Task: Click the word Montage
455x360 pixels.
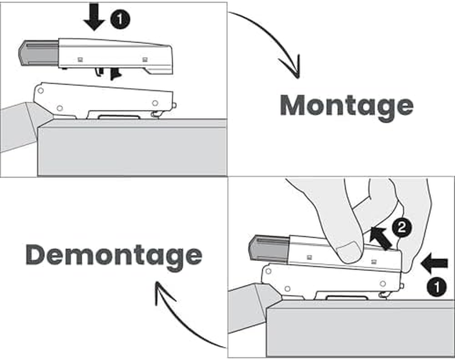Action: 346,105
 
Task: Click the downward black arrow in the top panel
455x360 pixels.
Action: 94,17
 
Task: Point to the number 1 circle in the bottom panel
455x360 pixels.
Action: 437,286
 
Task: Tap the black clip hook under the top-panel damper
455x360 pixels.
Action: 116,73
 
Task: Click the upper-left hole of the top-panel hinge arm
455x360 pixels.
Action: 40,90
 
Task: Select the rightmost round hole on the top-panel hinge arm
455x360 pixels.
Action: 155,103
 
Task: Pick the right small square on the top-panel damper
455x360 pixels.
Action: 144,59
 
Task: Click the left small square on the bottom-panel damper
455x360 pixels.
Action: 310,257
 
